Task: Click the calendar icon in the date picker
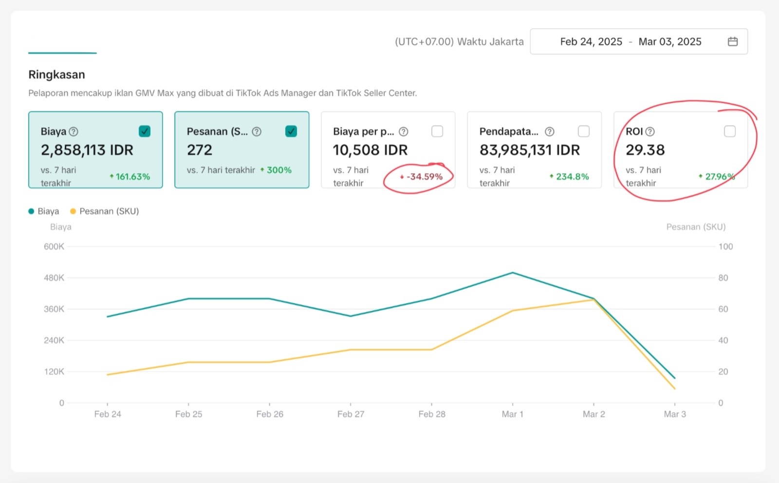(x=732, y=41)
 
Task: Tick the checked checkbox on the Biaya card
(x=145, y=131)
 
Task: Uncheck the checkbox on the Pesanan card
(x=291, y=131)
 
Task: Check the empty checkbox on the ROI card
(x=729, y=131)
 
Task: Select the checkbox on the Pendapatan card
(x=583, y=131)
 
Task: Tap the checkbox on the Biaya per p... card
(x=437, y=131)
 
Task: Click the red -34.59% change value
(x=424, y=177)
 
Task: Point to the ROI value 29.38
(x=645, y=150)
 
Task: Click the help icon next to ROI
(x=650, y=131)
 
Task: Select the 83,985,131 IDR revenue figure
(x=530, y=150)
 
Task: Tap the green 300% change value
(x=278, y=170)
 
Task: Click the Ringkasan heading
(x=56, y=74)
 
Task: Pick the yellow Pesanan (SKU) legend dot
(x=73, y=211)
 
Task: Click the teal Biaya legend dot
(x=31, y=211)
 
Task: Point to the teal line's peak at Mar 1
(x=512, y=273)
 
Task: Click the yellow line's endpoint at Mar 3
(x=674, y=389)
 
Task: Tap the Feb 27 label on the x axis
(x=351, y=414)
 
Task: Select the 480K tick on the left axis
(x=54, y=278)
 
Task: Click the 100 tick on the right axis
(x=725, y=247)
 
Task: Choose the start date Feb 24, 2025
(x=591, y=41)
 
